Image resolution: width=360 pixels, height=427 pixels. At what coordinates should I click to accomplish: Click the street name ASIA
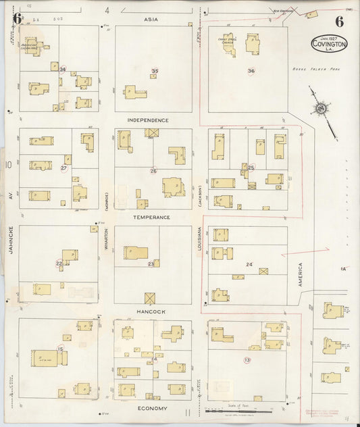(151, 20)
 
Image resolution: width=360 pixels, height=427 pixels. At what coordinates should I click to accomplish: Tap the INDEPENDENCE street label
(148, 120)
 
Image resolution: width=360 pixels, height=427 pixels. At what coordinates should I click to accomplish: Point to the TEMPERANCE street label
(151, 217)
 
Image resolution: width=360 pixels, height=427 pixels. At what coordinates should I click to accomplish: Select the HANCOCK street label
(151, 311)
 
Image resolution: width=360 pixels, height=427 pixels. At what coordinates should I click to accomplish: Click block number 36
(251, 71)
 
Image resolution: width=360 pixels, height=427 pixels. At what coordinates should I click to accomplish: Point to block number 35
(155, 71)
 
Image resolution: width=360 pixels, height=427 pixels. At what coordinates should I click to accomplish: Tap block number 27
(64, 168)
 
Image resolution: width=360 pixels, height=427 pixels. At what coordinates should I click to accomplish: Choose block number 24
(249, 264)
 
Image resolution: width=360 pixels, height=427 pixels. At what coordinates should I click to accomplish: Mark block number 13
(247, 360)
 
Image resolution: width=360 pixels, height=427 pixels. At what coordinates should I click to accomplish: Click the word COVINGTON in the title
(330, 44)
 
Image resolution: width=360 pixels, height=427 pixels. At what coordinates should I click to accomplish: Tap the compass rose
(320, 110)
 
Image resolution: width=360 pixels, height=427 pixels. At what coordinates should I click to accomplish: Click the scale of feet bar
(239, 410)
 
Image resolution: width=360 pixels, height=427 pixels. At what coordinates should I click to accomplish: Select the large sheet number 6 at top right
(338, 20)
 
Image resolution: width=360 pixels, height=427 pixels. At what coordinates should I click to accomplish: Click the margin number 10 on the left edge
(9, 164)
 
